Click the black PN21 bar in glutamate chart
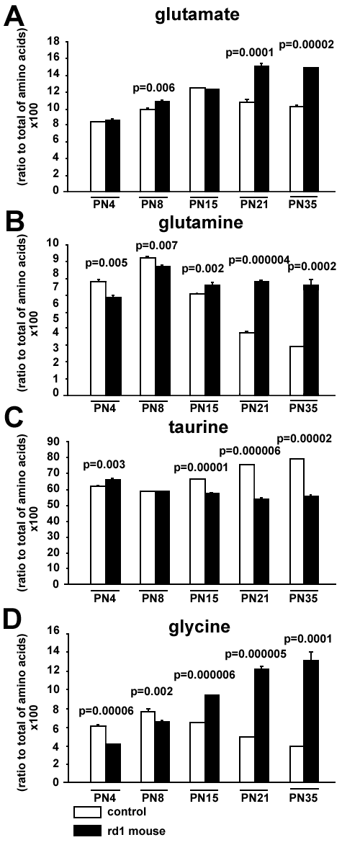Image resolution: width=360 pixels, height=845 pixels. pyautogui.click(x=262, y=128)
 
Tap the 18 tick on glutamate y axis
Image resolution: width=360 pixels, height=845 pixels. pyautogui.click(x=53, y=41)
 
